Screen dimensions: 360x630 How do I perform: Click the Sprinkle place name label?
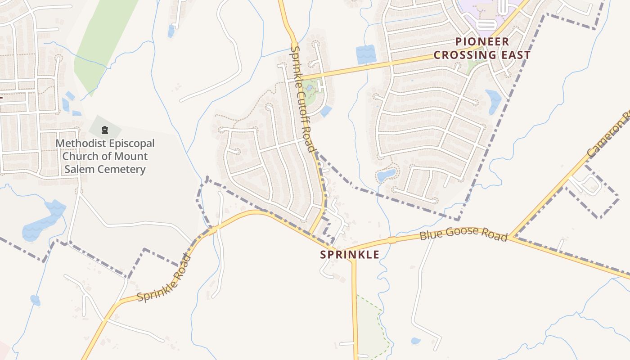pos(350,254)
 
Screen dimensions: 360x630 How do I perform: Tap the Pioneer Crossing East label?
pos(482,48)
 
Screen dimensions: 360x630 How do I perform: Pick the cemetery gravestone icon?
pos(105,130)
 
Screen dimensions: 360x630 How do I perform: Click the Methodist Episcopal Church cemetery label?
pos(105,156)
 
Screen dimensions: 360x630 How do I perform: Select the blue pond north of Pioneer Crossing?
pos(365,54)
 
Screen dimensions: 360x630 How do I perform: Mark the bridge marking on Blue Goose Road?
pos(392,240)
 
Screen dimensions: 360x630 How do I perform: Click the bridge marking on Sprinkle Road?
pos(212,230)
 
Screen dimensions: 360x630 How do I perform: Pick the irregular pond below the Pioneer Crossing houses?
pos(386,175)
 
